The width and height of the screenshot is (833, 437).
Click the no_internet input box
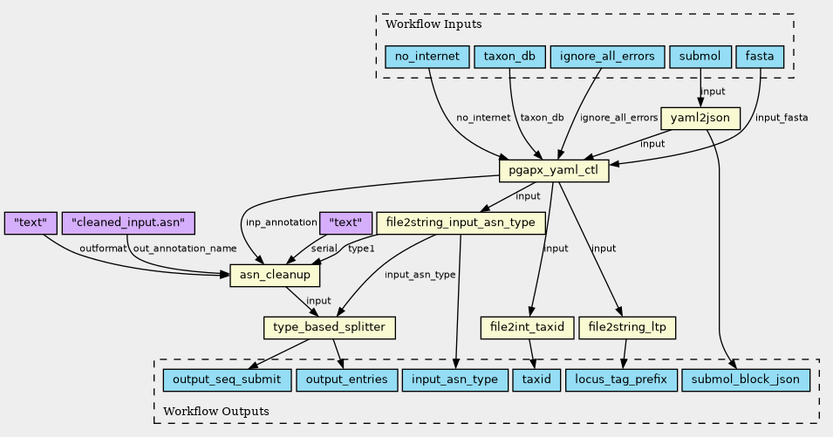coord(427,57)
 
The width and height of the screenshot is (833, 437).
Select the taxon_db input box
coord(509,57)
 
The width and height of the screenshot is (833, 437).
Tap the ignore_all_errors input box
coord(607,57)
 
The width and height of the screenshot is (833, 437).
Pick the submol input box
coord(700,57)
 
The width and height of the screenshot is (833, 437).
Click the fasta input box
coord(760,57)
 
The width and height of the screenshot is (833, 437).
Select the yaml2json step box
coord(700,119)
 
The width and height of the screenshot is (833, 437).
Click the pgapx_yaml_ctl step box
coord(554,171)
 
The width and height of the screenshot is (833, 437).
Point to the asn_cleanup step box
coord(275,276)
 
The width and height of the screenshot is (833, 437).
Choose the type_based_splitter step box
coord(330,328)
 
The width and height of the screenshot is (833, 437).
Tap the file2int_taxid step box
coord(527,328)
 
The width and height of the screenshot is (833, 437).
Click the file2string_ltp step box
coord(627,328)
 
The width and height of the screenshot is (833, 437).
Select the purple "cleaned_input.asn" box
coord(128,223)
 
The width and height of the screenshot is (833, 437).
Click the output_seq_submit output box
coord(227,380)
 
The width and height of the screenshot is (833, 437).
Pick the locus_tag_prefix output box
coord(621,380)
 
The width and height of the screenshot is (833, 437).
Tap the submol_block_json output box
coord(746,380)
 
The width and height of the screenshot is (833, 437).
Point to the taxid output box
coord(536,380)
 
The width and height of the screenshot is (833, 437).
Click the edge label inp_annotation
coord(281,222)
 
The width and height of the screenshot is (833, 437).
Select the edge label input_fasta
coord(782,118)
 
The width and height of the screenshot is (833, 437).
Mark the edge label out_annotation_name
coord(185,249)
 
